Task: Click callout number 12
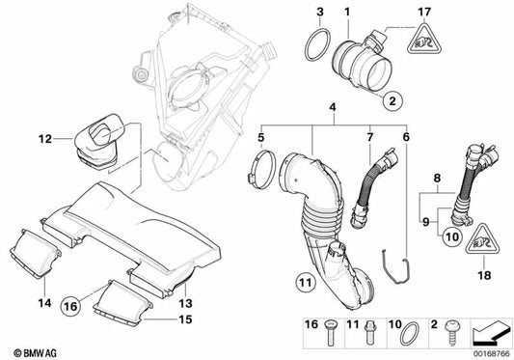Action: (45, 138)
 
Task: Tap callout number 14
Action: (45, 276)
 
